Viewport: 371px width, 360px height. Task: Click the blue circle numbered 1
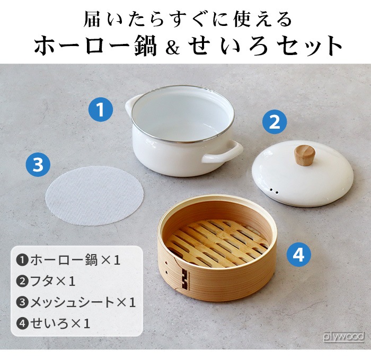[101, 111]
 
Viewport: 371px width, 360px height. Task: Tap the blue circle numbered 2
[275, 122]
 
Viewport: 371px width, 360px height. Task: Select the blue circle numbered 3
[38, 165]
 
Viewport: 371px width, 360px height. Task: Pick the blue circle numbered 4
[299, 256]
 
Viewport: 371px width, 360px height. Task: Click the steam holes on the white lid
[273, 189]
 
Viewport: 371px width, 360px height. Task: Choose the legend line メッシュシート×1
[77, 302]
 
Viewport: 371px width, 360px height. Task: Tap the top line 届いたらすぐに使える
[188, 19]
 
